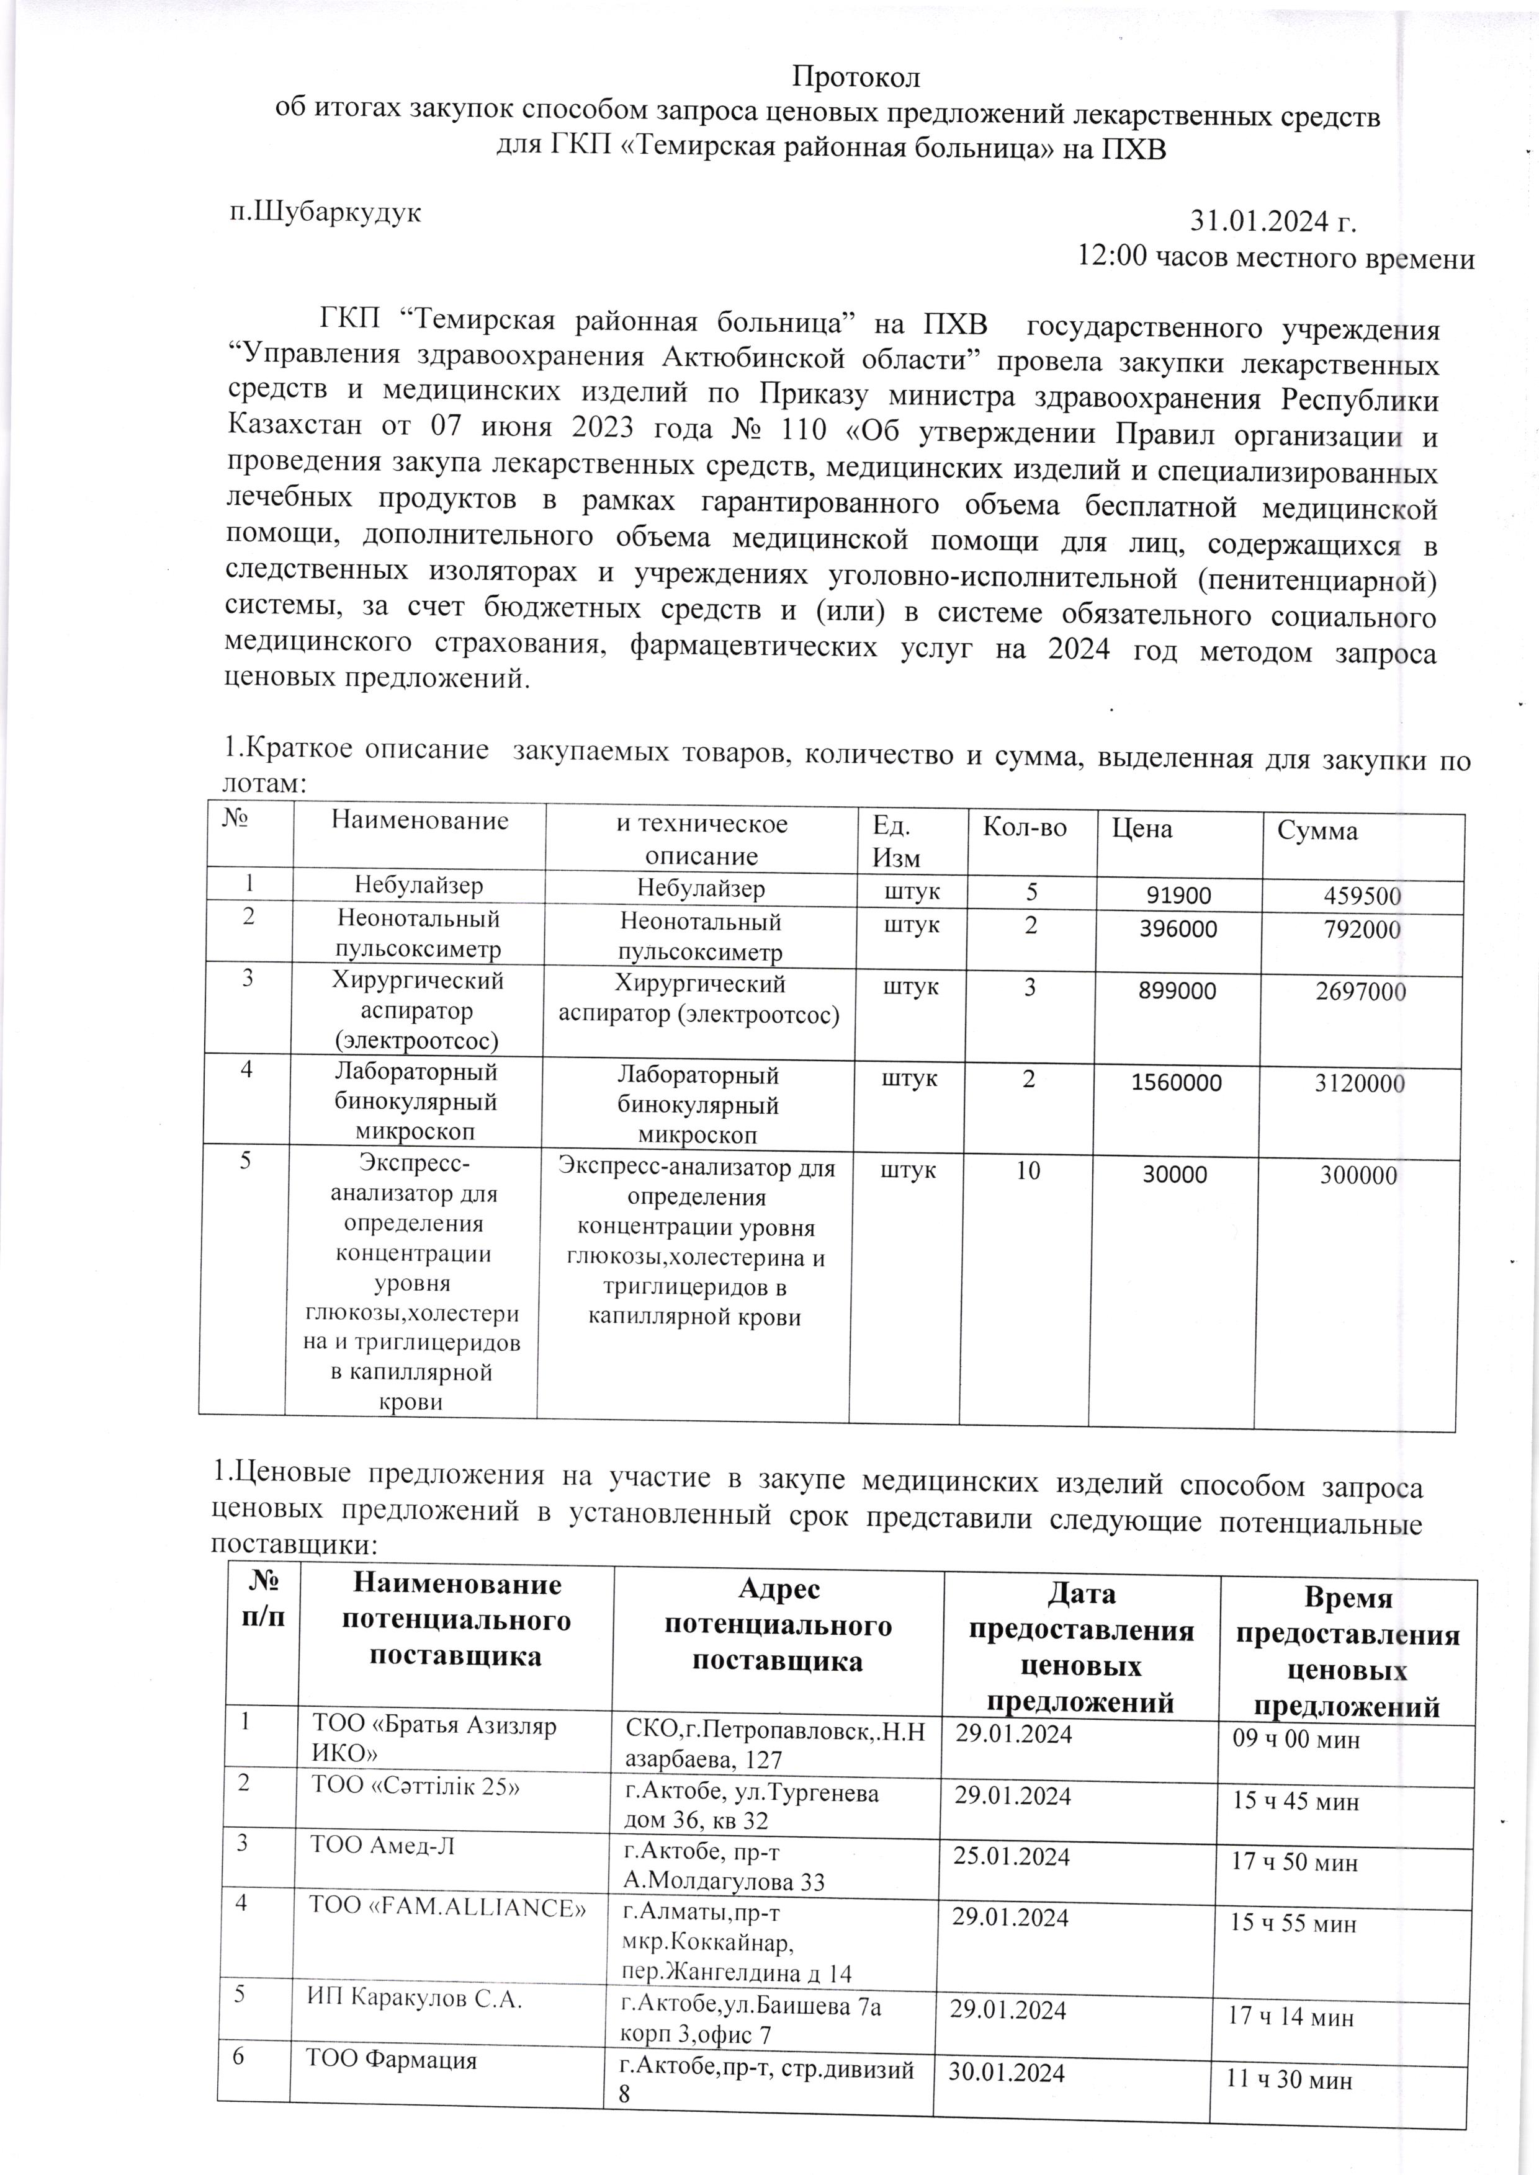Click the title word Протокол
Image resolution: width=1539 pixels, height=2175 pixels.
click(x=856, y=75)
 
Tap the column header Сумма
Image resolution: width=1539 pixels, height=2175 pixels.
click(x=1317, y=832)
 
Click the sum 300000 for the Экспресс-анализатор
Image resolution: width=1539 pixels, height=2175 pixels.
click(x=1358, y=1176)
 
